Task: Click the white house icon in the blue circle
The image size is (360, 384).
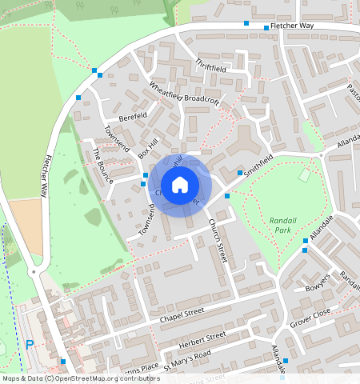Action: pos(180,185)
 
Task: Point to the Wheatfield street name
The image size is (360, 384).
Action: pos(166,90)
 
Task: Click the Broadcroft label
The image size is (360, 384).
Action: pos(202,99)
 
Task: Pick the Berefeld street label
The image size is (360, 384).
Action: pos(133,117)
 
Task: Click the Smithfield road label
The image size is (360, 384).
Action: pos(264,165)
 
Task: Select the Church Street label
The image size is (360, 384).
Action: pos(218,240)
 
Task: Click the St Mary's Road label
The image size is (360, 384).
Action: pos(186,354)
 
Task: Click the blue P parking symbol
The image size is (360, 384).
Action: pos(30,345)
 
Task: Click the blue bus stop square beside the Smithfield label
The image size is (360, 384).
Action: pos(240,173)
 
